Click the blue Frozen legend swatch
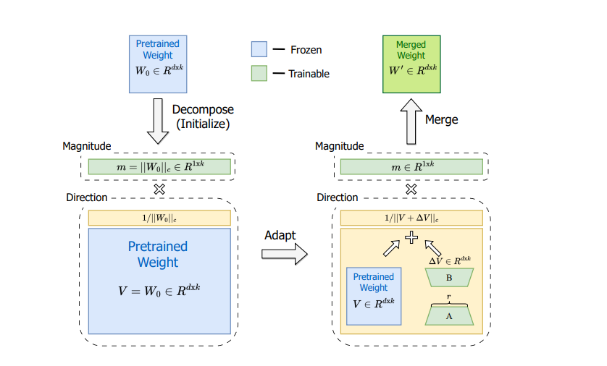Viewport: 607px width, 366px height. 259,49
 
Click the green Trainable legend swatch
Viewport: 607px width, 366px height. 259,73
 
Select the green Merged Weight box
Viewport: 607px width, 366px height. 411,64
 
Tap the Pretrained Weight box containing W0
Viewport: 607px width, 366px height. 158,64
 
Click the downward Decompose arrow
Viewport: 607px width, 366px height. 158,121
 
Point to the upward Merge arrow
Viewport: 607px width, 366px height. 411,122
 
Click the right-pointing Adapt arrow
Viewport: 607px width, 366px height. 285,254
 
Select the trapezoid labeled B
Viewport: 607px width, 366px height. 449,278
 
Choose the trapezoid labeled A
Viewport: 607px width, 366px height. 449,316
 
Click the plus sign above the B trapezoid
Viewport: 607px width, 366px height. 411,237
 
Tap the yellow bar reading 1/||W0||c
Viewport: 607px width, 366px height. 159,218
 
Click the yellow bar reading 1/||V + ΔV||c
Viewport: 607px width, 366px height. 411,218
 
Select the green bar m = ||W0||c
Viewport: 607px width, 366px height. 159,166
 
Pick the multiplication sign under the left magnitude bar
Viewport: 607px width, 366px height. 159,189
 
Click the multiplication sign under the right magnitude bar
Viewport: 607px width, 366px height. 411,189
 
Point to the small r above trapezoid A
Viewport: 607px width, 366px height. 448,297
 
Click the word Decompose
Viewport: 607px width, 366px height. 203,110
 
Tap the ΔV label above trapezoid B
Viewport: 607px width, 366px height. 450,260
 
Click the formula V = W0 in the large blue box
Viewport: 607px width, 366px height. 159,290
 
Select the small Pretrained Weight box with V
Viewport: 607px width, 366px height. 374,296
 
